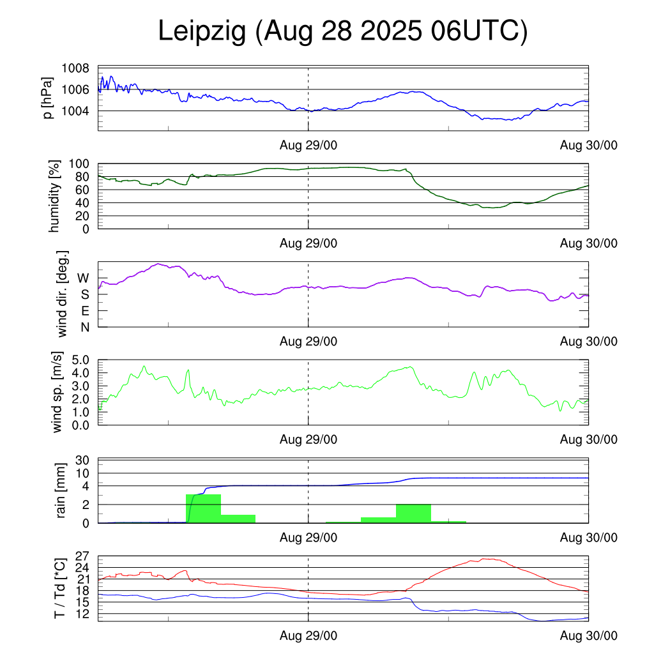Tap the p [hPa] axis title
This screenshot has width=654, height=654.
pyautogui.click(x=47, y=98)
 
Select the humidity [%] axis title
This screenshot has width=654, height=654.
pyautogui.click(x=54, y=196)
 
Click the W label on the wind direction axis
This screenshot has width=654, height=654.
pyautogui.click(x=84, y=278)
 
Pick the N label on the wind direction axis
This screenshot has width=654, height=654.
pyautogui.click(x=84, y=327)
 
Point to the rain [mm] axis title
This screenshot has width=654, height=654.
pyautogui.click(x=61, y=491)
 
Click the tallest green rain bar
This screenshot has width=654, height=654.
pyautogui.click(x=203, y=508)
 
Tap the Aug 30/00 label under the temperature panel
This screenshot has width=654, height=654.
pyautogui.click(x=589, y=635)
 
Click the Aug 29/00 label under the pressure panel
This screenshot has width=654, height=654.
pyautogui.click(x=308, y=146)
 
